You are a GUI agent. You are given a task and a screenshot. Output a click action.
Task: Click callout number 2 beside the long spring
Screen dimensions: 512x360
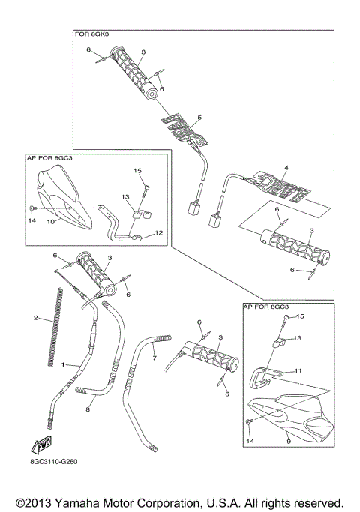tap(35, 318)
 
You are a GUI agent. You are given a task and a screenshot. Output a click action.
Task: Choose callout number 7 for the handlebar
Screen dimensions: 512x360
tap(155, 358)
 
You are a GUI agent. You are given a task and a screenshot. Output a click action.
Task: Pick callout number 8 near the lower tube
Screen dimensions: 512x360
tap(88, 410)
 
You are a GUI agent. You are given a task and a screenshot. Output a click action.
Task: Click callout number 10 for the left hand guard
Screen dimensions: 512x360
tap(50, 222)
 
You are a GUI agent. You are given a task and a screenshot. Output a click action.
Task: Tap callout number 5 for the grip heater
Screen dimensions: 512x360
tap(199, 118)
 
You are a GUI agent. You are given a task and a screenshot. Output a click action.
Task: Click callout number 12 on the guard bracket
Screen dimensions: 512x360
tap(159, 233)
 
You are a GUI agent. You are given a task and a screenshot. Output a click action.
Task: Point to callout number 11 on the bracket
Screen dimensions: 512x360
tap(297, 370)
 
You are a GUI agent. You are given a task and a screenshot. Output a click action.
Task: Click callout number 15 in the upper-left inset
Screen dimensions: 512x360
tap(137, 172)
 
